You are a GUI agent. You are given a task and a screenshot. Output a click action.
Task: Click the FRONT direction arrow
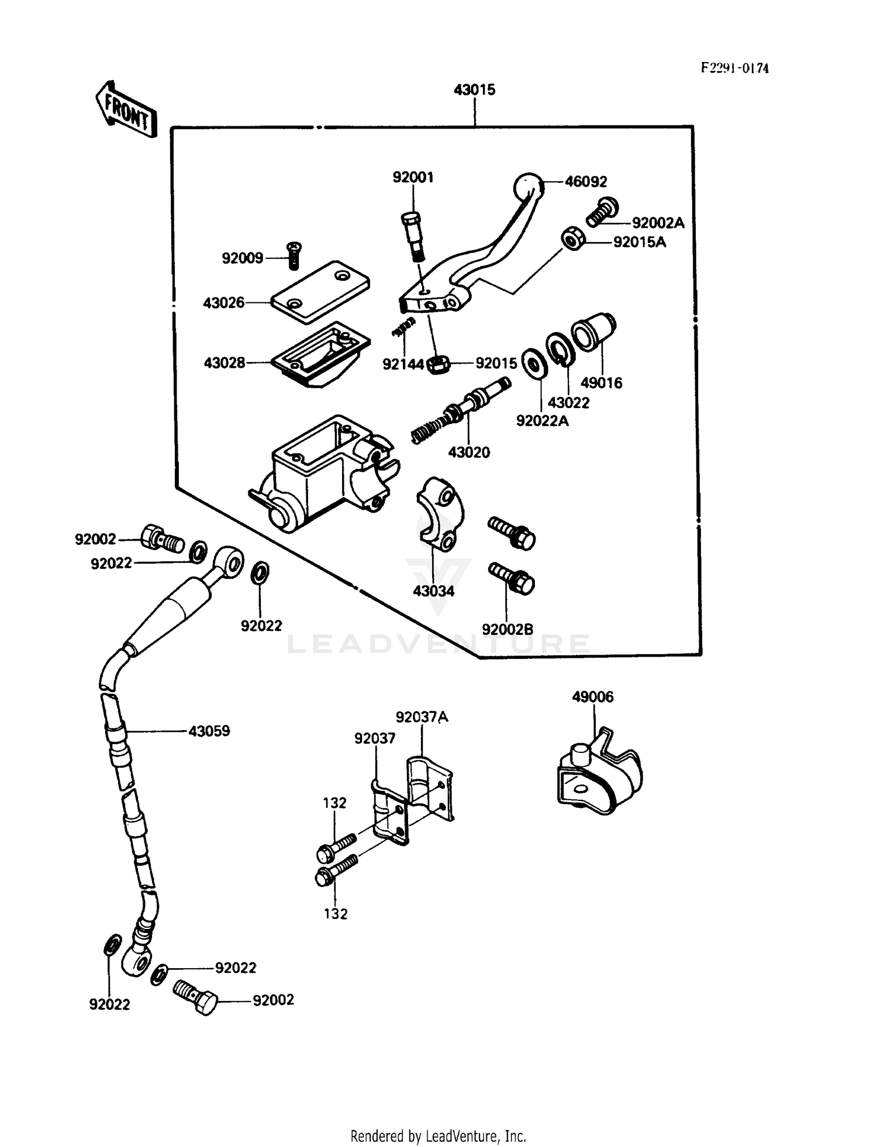pos(126,110)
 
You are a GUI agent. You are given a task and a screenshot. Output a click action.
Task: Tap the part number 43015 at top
pos(474,90)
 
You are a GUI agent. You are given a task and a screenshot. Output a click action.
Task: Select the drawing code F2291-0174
pos(735,68)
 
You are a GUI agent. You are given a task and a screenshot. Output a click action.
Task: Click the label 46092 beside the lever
pos(586,182)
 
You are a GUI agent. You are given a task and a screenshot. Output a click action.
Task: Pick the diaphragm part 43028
pos(320,354)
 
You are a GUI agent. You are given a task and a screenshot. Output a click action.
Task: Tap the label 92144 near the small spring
pos(403,364)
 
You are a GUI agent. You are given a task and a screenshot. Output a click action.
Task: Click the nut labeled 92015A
pos(573,240)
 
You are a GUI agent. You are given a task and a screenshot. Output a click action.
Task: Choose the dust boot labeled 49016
pos(593,333)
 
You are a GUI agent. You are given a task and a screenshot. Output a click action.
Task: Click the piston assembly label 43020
pos(469,452)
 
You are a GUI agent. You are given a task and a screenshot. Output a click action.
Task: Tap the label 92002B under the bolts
pos(507,630)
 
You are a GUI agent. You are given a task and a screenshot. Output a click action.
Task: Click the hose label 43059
pos(209,731)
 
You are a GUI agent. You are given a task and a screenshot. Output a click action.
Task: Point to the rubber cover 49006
pos(598,774)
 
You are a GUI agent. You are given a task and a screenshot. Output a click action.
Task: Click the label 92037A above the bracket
pos(422,717)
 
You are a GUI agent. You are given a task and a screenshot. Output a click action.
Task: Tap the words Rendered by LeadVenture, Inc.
pos(438,1136)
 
